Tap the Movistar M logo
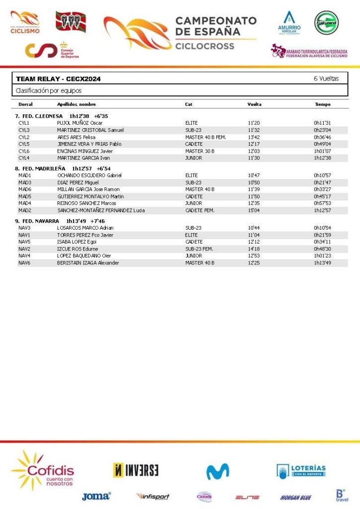[x=218, y=471]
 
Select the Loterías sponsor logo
[x=301, y=471]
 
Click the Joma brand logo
[x=96, y=496]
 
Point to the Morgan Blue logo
[x=295, y=497]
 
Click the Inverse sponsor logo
[x=136, y=470]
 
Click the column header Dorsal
[x=25, y=104]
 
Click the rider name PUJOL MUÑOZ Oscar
[x=80, y=123]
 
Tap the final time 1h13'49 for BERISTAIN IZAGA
[x=322, y=263]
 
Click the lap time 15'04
[x=254, y=210]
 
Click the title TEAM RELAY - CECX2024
[x=58, y=79]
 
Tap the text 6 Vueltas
[x=326, y=79]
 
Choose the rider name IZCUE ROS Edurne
[x=77, y=249]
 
